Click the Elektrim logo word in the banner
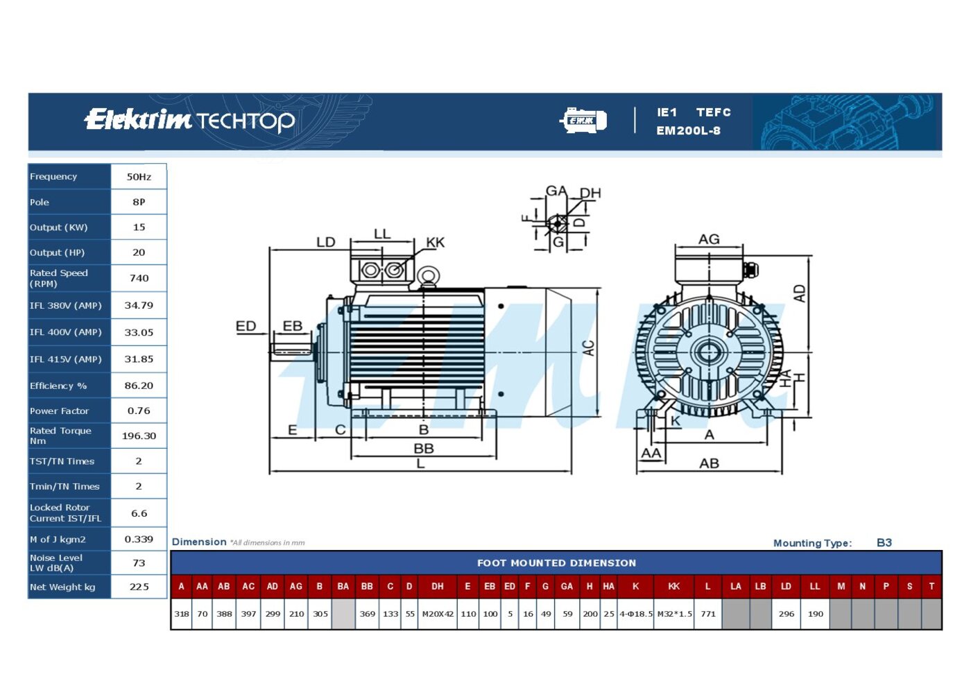pyautogui.click(x=137, y=119)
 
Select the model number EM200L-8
pyautogui.click(x=688, y=130)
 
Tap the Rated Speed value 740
pyautogui.click(x=139, y=278)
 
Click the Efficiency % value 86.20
pyautogui.click(x=139, y=386)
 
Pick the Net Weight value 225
pyautogui.click(x=139, y=587)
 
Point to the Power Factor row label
pyautogui.click(x=59, y=411)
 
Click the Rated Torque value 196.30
pyautogui.click(x=139, y=436)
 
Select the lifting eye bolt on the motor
pyautogui.click(x=429, y=276)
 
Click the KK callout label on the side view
pyautogui.click(x=436, y=242)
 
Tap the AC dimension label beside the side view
pyautogui.click(x=588, y=348)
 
